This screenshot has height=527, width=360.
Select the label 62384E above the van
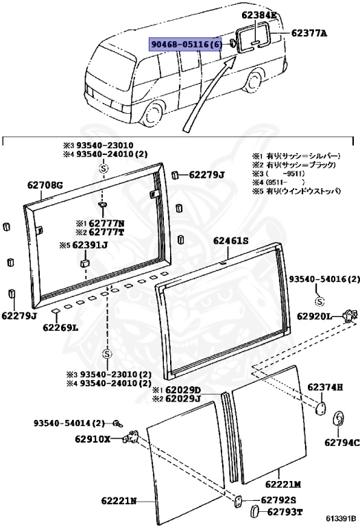point(259,14)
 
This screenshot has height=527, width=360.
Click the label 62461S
point(231,240)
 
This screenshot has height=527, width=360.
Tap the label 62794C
point(342,443)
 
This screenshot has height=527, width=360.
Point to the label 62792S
point(278,500)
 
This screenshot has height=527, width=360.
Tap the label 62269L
point(60,328)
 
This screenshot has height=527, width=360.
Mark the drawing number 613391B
point(341,518)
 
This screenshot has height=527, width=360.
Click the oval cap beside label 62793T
point(252,511)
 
